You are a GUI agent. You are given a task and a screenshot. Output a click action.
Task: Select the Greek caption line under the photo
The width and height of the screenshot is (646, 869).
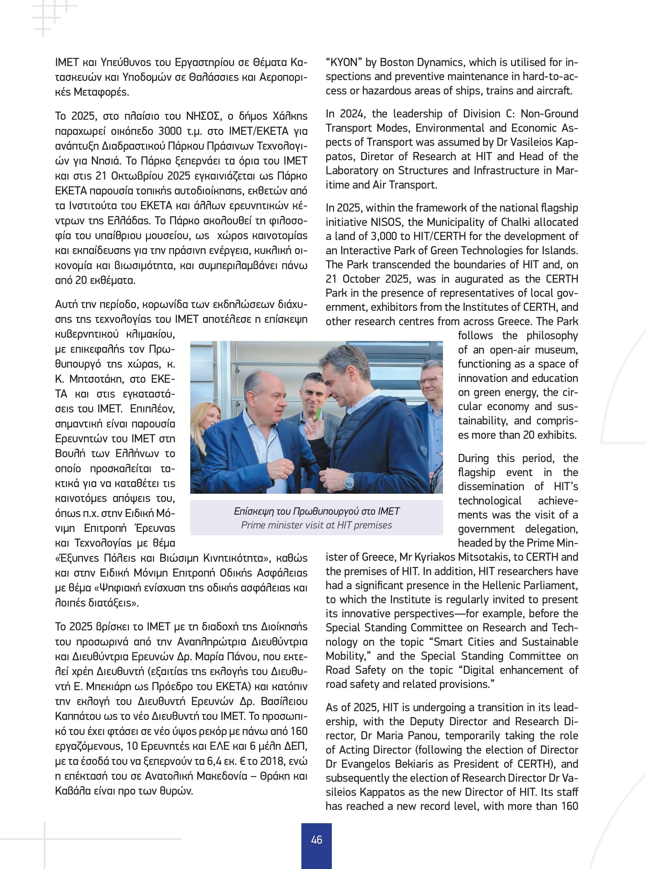[316, 511]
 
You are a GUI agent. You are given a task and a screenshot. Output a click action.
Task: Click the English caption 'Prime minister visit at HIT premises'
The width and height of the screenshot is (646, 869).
[316, 525]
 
